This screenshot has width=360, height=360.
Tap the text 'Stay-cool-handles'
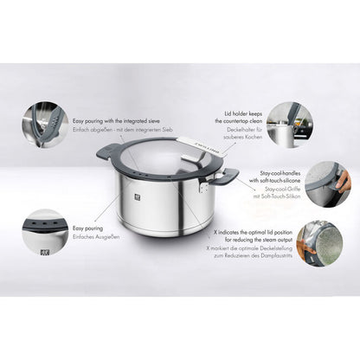click(273, 174)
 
